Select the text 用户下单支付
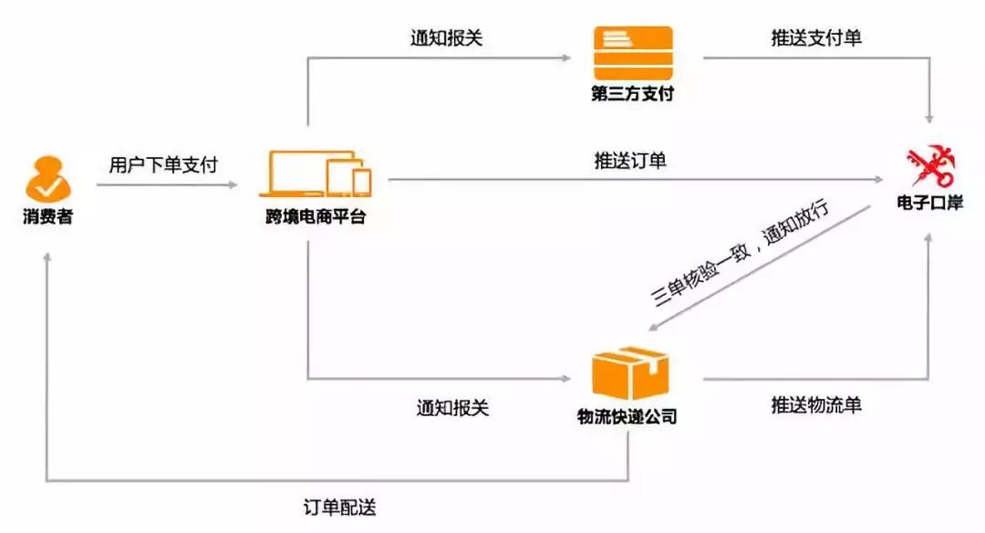(x=162, y=164)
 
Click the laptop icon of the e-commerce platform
(x=296, y=173)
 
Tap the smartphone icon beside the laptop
(x=362, y=182)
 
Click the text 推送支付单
(x=815, y=40)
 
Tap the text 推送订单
(x=631, y=162)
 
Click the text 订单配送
(x=339, y=507)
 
